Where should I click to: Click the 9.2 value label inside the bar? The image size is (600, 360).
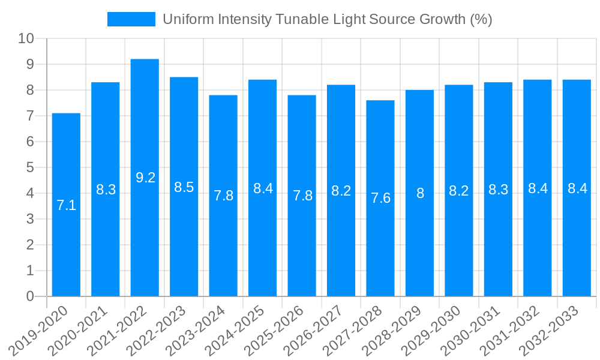[145, 178]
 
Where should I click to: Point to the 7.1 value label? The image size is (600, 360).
[66, 205]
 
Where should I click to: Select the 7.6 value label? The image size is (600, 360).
[380, 198]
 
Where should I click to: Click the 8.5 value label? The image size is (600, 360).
[184, 187]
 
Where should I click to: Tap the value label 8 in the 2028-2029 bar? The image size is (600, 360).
[420, 193]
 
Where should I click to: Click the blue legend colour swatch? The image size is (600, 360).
[131, 19]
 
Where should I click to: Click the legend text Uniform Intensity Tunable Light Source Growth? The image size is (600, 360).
[328, 19]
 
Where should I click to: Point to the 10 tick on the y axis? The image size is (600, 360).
[26, 38]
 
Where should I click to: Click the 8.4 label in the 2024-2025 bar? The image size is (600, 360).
[263, 188]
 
